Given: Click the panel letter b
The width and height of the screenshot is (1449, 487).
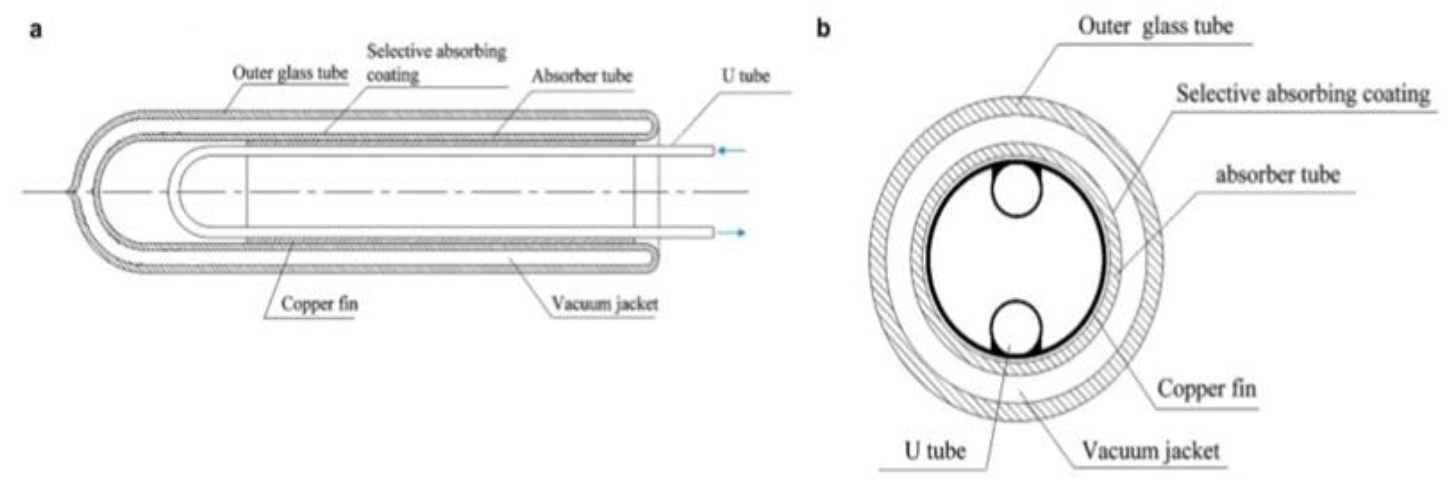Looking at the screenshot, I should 823,28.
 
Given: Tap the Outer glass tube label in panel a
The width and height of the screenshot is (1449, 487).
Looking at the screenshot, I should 290,73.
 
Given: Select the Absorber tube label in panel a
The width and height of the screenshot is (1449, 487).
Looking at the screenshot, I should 582,76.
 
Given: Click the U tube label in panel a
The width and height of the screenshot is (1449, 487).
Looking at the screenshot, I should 745,76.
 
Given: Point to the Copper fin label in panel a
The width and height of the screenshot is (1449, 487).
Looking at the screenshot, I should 319,304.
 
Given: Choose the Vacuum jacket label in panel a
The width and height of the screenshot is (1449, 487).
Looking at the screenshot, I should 605,304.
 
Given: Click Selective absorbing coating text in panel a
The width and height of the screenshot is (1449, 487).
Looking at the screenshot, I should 436,62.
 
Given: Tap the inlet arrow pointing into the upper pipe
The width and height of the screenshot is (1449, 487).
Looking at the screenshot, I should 731,150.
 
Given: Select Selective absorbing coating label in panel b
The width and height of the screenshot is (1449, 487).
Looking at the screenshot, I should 1303,94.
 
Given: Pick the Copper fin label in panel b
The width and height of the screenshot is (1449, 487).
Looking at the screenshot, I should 1206,388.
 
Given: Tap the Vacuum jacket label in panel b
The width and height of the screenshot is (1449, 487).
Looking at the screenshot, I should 1151,450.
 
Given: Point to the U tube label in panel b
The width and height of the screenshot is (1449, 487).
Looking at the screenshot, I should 935,450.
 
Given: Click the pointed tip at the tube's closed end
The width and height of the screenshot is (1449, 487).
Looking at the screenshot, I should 70,191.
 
